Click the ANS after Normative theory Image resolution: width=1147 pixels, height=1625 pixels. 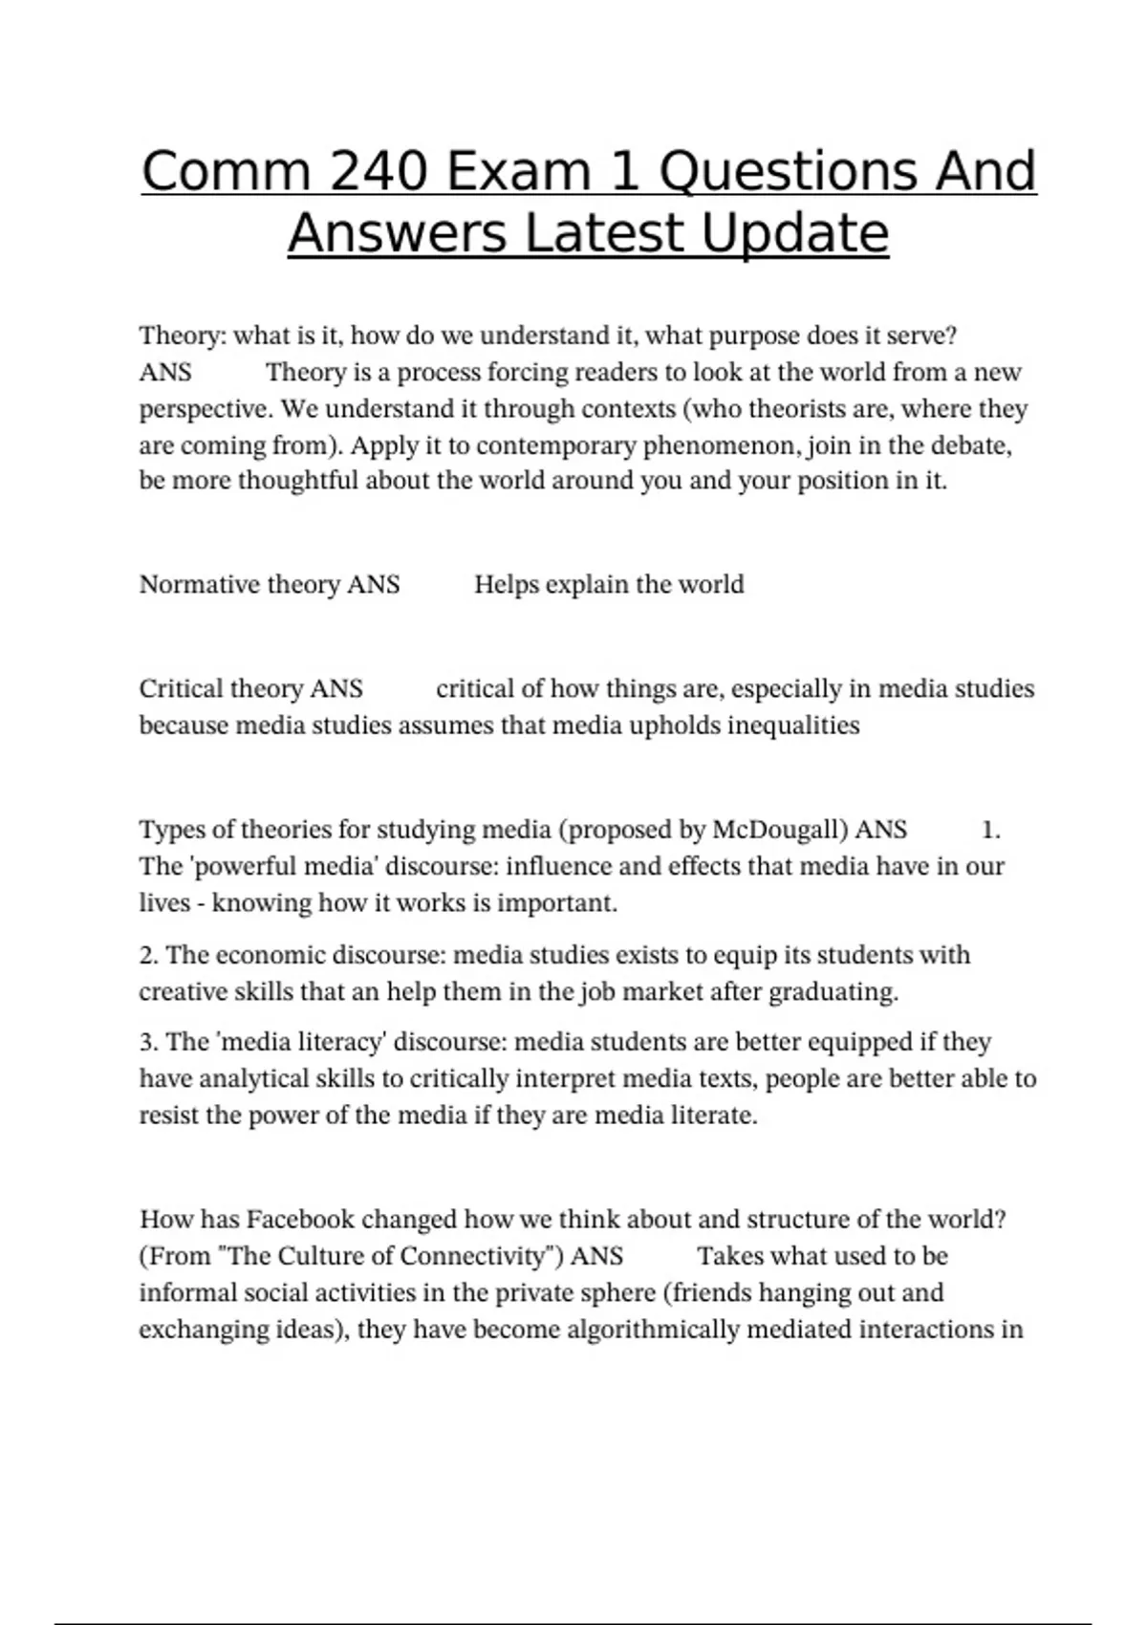(x=373, y=584)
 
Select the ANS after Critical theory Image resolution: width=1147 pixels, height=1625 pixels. (x=336, y=689)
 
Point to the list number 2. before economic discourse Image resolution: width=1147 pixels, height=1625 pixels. (x=149, y=955)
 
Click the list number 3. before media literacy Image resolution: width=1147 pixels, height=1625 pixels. (x=149, y=1042)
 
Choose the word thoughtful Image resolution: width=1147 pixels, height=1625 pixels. (x=298, y=480)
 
